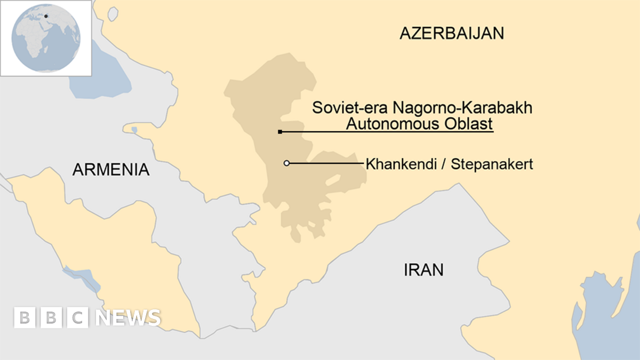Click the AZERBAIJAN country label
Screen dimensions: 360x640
coord(452,34)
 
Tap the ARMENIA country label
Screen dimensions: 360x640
coord(111,170)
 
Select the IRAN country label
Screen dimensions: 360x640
coord(423,270)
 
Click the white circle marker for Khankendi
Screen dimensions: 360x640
coord(286,163)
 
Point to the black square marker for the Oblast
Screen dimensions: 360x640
coord(280,132)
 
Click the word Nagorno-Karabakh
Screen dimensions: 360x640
coord(462,108)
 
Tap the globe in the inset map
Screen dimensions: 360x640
coord(46,38)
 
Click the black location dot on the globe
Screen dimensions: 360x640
coord(46,16)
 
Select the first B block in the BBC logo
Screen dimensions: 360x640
coord(24,317)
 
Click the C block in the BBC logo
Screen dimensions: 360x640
coord(77,317)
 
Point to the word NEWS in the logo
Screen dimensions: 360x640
coord(128,317)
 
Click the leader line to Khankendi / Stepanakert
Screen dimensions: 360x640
coord(325,163)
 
